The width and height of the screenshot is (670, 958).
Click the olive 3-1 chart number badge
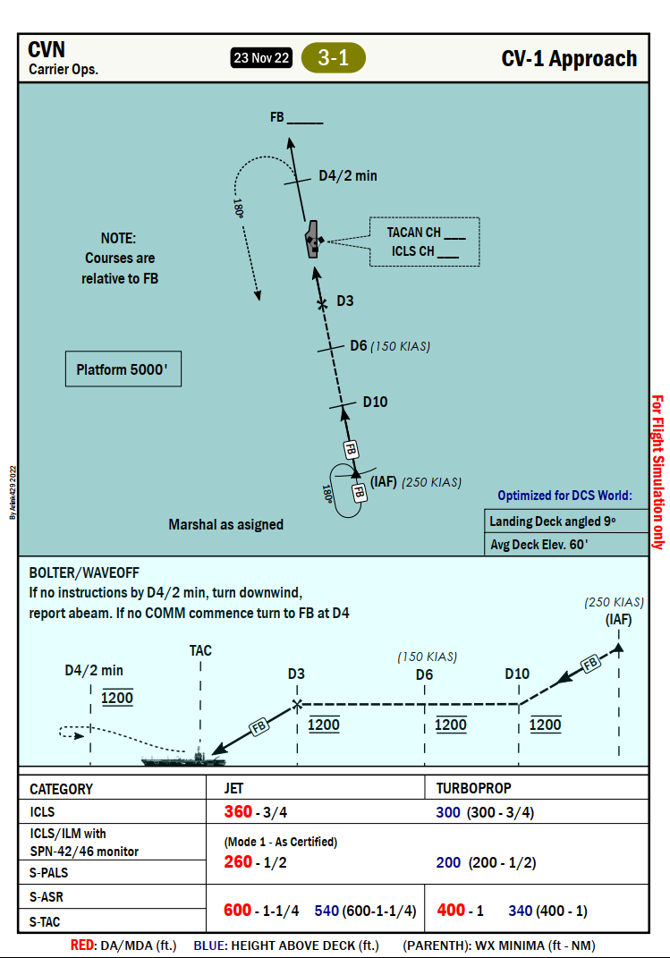coord(334,58)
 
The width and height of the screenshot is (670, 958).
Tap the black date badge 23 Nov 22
coord(261,58)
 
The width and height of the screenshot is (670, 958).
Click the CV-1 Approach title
coord(569,59)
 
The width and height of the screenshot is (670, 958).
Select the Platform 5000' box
coord(123,369)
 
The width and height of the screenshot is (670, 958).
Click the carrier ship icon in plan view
coord(312,239)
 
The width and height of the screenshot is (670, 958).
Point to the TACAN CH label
coord(417,233)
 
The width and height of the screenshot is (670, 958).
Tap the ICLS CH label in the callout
coord(413,251)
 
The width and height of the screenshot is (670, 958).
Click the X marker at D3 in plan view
coord(323,304)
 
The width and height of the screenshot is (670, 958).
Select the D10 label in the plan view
coord(375,402)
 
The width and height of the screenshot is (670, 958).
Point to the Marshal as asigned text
coord(225,524)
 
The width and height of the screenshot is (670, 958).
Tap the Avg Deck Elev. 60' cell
coord(538,544)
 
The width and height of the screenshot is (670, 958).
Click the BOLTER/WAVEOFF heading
coord(84,572)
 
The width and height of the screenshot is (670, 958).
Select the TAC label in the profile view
coord(200,650)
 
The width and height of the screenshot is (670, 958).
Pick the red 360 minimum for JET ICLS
coord(238,812)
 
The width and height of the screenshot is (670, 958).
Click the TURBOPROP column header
coord(473,789)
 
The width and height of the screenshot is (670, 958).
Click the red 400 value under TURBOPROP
coord(451,910)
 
